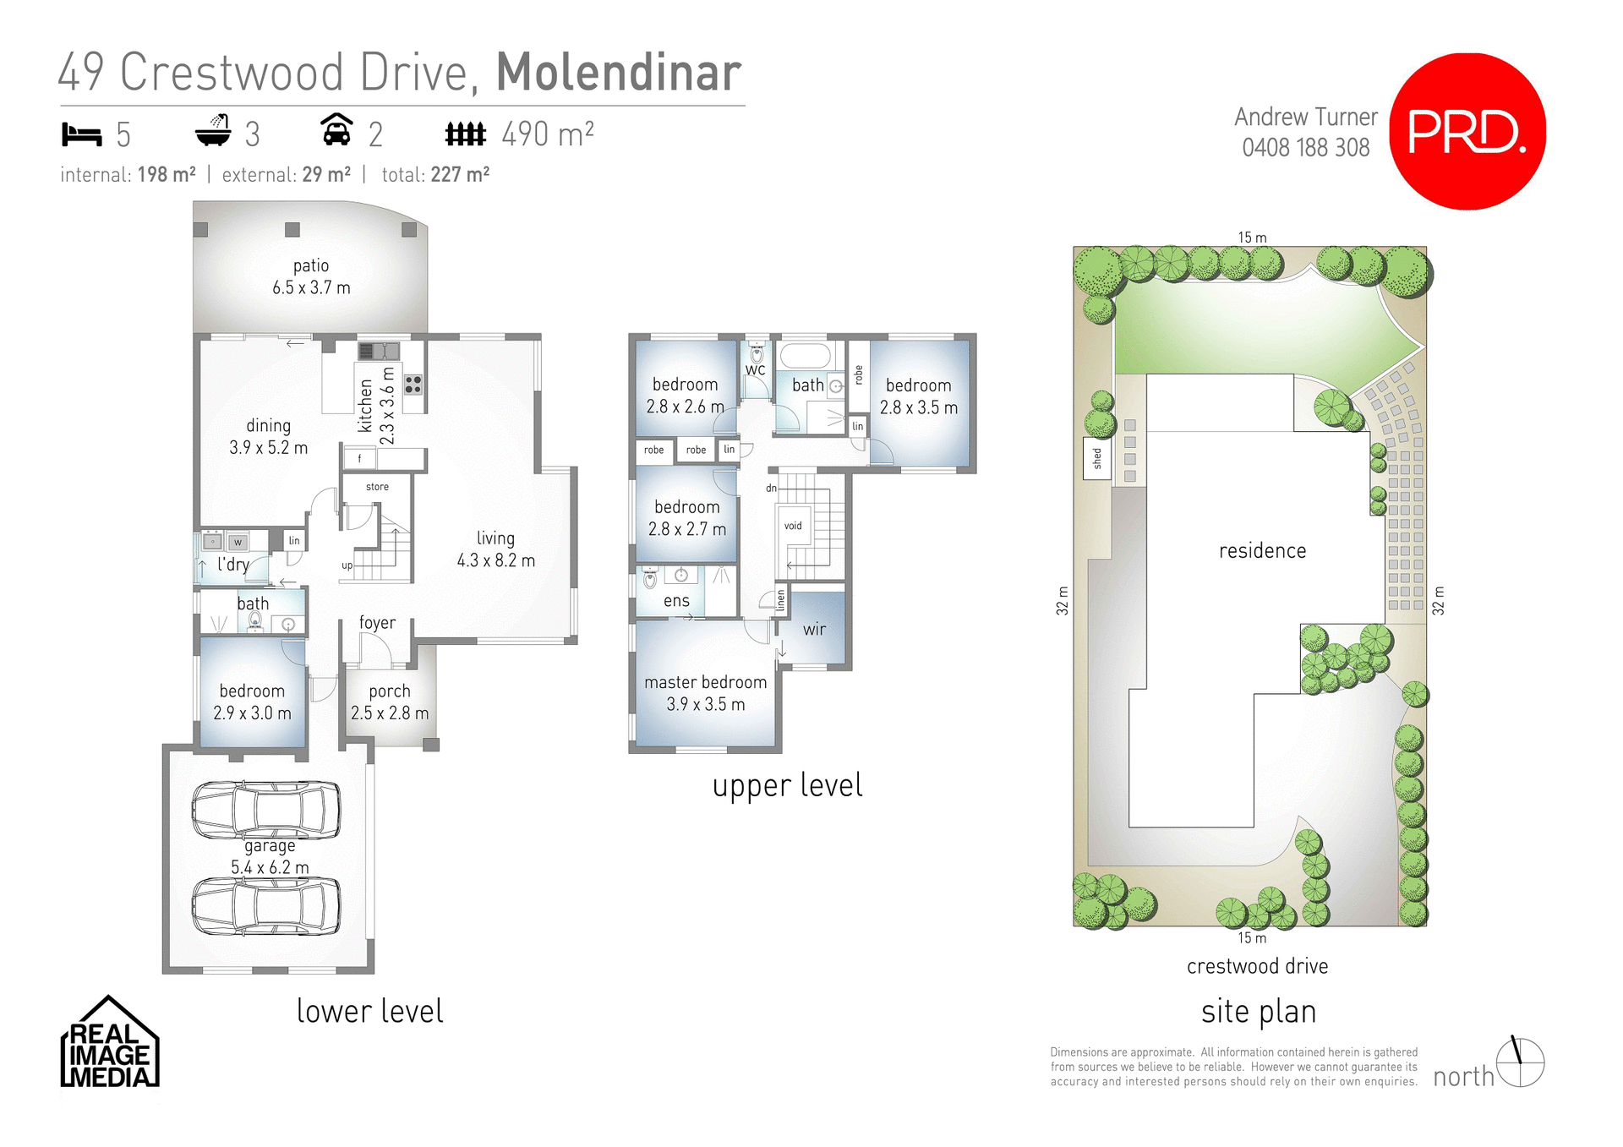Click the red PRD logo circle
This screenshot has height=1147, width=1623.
coord(1467,131)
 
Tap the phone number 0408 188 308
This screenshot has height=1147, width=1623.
coord(1305,148)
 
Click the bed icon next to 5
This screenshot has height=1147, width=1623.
coord(82,134)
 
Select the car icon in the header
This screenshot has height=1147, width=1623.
coord(336,131)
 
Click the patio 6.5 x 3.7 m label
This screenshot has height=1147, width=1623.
coord(311,276)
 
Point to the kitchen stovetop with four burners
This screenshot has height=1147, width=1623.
coord(413,385)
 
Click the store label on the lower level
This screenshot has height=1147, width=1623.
coord(377,487)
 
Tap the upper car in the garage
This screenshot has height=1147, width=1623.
coord(266,809)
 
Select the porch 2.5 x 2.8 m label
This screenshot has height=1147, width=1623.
coord(390,702)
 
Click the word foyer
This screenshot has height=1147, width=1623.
coord(377,623)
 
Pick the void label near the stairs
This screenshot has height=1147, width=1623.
coord(793,526)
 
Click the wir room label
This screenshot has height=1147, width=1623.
coord(814,629)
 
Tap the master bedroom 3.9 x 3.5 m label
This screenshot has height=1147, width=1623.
coord(705,693)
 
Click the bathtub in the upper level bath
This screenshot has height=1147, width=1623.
coord(806,355)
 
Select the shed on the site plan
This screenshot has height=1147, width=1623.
coord(1097,458)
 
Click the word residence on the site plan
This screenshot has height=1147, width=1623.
coord(1262,551)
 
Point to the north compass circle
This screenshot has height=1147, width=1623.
coord(1520,1062)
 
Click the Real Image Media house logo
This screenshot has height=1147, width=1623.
coord(109,1043)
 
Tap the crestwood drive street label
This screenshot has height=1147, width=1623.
coord(1257,966)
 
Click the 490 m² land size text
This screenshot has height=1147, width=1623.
coord(548,134)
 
